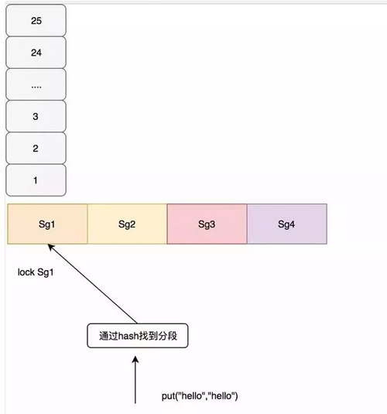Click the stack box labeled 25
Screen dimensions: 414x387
tap(36, 21)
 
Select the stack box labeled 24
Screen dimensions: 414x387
tap(36, 53)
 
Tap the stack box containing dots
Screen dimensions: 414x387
tap(36, 85)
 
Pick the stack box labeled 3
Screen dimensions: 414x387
tap(36, 116)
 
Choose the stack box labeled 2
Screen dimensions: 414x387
tap(36, 148)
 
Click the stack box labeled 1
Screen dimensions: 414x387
tap(36, 180)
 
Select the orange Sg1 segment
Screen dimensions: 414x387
tap(47, 224)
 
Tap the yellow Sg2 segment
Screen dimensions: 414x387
tap(127, 224)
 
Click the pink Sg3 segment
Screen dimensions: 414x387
tap(207, 224)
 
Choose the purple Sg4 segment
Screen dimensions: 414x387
tap(286, 224)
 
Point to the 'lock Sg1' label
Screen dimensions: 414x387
tap(35, 272)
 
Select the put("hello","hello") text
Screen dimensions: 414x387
tap(200, 395)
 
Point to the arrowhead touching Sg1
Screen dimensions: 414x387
tap(50, 248)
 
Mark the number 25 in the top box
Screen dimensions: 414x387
tap(36, 21)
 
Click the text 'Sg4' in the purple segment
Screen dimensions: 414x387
tap(286, 224)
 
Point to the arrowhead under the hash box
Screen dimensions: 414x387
tap(135, 360)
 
